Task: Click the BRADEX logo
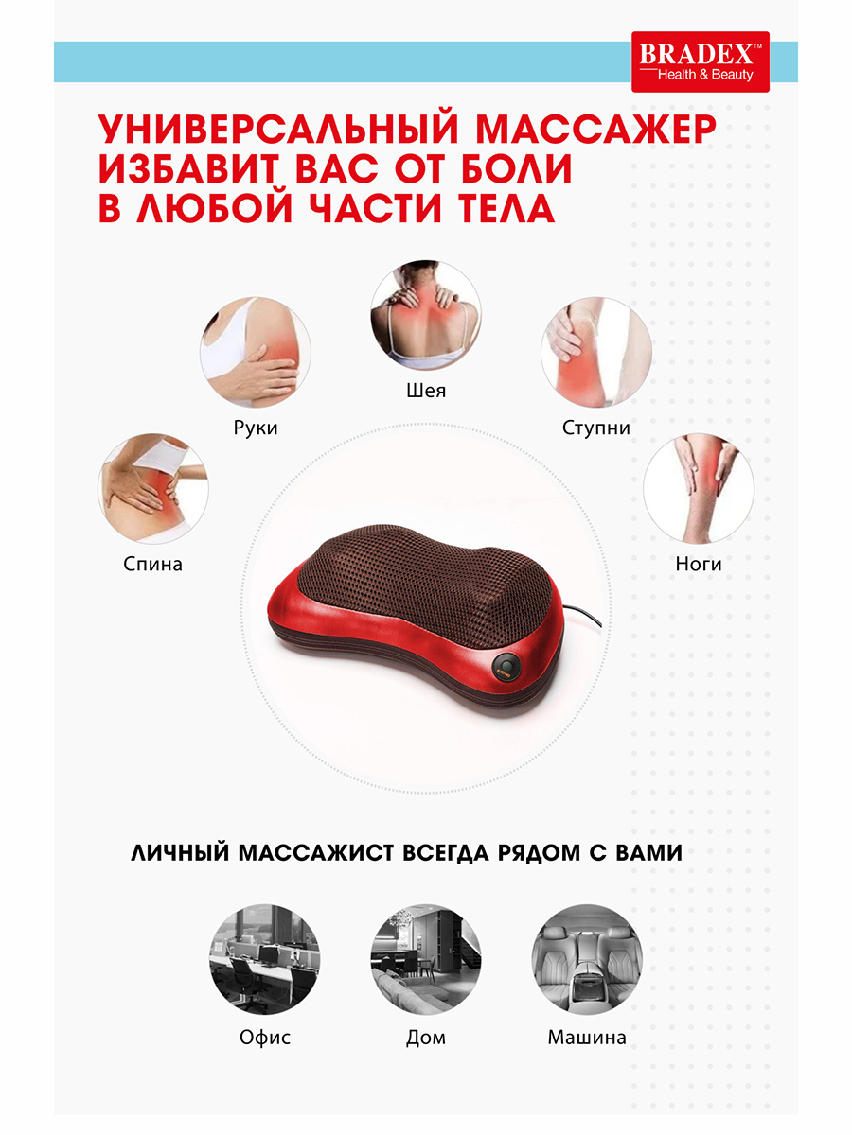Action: [700, 61]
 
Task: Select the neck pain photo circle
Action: [426, 315]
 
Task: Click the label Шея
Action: [426, 391]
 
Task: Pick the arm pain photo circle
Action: [256, 352]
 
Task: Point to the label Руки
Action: [256, 428]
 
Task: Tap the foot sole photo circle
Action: [596, 352]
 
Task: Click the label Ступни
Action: [596, 428]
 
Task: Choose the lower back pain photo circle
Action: [153, 489]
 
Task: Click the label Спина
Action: [152, 564]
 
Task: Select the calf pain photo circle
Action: [699, 489]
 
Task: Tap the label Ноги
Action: [699, 564]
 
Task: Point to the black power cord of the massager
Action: [583, 618]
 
